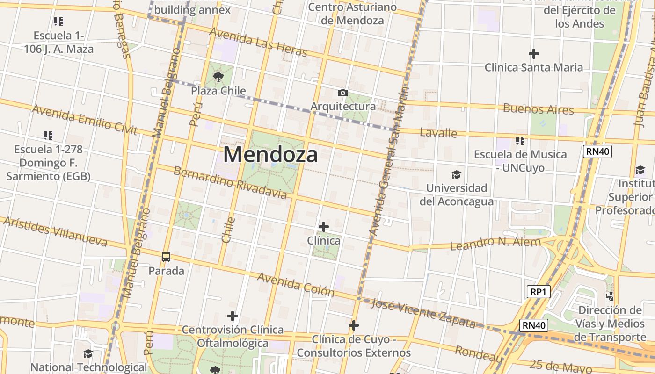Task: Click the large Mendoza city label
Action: click(270, 154)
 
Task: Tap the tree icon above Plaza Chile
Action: click(218, 77)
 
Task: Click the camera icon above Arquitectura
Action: click(343, 93)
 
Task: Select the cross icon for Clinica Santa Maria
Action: click(533, 54)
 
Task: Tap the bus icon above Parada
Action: click(166, 257)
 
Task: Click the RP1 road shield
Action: click(538, 292)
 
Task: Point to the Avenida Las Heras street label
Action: click(258, 42)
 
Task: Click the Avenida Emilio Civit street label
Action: click(85, 120)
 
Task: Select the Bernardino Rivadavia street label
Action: click(230, 182)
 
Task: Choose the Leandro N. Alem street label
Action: click(495, 243)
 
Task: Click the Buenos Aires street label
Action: click(538, 109)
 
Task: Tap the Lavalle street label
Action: click(438, 133)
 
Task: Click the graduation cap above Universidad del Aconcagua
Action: click(456, 175)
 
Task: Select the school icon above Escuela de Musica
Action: click(520, 140)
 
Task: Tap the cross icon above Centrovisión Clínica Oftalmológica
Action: click(233, 316)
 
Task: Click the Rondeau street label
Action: click(479, 354)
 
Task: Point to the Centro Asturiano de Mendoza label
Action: click(352, 14)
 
